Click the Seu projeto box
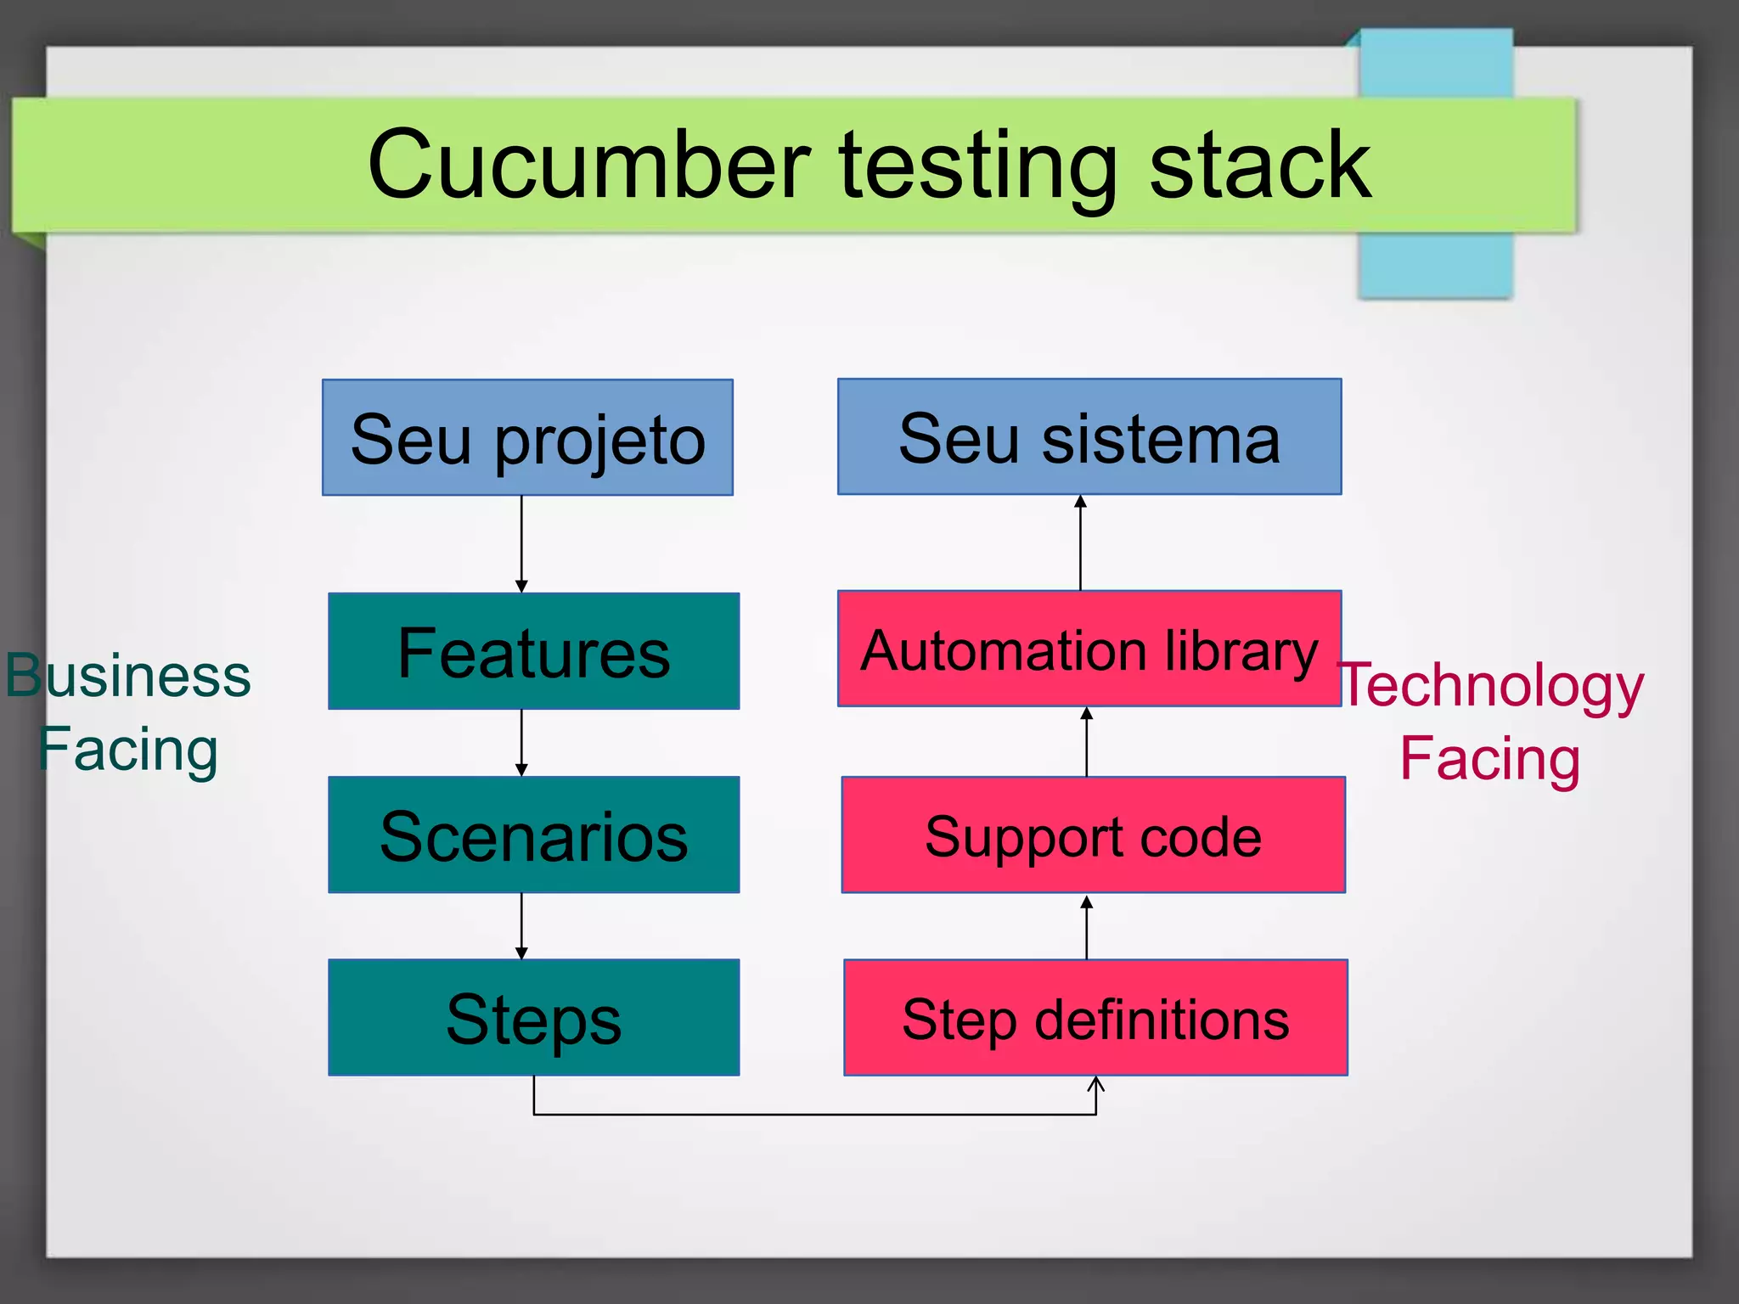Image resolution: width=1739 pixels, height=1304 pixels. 527,437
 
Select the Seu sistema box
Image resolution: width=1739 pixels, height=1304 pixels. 1089,436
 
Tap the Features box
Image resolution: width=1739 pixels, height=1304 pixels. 533,651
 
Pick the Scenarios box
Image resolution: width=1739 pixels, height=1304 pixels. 533,835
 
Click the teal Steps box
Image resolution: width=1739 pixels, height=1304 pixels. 533,1017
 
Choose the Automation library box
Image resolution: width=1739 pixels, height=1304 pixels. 1089,649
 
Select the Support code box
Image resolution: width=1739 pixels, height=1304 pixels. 1093,835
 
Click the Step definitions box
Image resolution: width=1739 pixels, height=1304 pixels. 1095,1017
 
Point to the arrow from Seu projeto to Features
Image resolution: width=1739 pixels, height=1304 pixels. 521,544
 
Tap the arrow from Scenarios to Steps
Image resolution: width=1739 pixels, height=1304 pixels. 521,926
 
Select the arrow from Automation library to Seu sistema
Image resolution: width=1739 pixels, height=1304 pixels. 1080,542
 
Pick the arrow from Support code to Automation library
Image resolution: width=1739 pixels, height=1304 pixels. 1086,742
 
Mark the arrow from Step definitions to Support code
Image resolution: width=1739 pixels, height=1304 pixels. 1086,927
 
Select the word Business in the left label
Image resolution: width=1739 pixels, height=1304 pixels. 129,676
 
